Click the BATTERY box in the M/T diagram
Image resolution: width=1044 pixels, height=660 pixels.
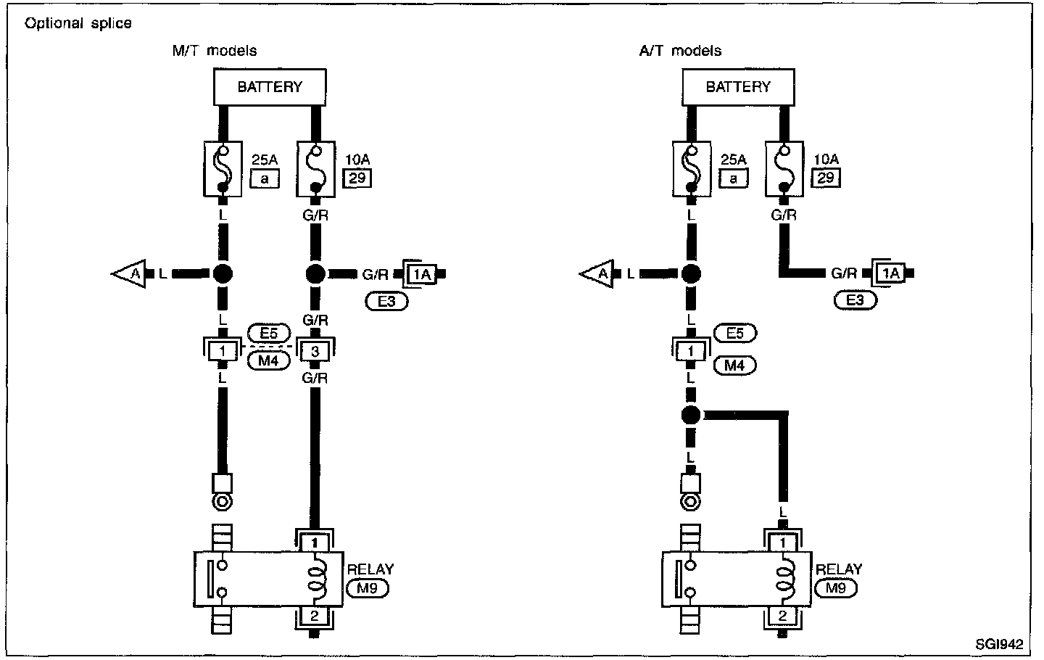click(x=269, y=87)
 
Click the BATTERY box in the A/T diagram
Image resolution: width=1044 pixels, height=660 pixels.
click(x=737, y=87)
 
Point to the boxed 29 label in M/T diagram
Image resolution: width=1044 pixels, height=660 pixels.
click(x=357, y=178)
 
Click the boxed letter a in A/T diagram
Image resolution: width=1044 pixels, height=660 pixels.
click(x=733, y=178)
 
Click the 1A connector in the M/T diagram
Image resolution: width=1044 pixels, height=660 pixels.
click(x=420, y=274)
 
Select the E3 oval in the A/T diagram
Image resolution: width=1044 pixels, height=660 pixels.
click(x=855, y=300)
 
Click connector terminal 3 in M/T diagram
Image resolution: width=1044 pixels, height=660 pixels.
click(x=315, y=351)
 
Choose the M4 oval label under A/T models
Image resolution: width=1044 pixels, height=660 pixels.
click(x=734, y=366)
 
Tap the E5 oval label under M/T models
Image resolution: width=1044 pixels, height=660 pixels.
click(x=268, y=334)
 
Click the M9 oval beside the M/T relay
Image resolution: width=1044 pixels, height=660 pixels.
click(x=368, y=588)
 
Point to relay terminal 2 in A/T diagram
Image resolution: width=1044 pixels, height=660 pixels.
click(x=782, y=616)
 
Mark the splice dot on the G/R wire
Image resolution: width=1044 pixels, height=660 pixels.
click(x=315, y=274)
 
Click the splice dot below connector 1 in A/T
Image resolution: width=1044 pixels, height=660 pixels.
click(x=691, y=416)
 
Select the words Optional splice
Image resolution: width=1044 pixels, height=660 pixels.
click(x=78, y=23)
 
